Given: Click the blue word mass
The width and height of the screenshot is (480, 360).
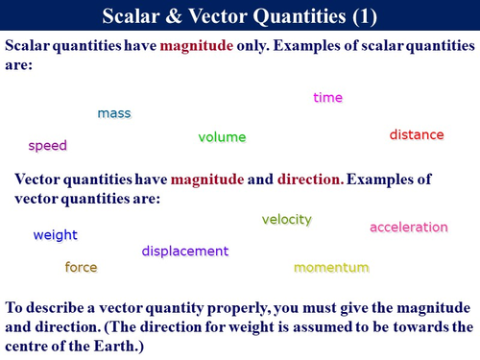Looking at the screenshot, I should coord(114,113).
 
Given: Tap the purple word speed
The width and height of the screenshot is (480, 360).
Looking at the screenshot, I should coord(47,146).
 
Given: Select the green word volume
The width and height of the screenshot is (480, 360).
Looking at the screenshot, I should coord(222,137).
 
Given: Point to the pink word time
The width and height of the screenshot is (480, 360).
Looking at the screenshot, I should coord(327,98).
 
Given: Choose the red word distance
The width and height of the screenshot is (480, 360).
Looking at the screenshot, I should coord(417,135).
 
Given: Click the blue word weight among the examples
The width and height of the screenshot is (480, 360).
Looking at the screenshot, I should coord(55,235).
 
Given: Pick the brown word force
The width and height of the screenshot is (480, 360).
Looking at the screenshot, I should coord(81,267).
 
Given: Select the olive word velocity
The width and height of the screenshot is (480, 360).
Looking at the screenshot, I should coord(287,220).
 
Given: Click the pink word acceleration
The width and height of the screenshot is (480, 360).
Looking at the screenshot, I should coord(409,228).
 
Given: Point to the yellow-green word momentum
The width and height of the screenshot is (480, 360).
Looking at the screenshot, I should coord(331,267).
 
